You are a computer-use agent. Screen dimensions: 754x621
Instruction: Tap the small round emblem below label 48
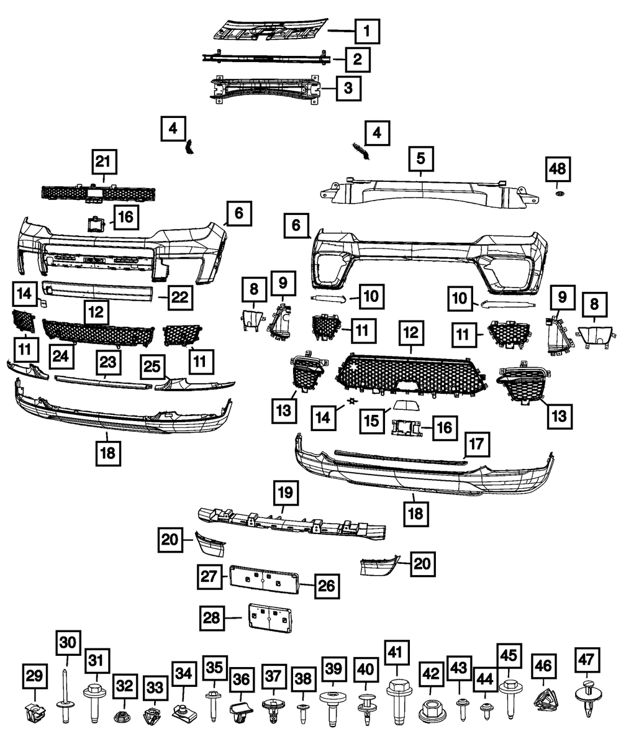[x=558, y=195]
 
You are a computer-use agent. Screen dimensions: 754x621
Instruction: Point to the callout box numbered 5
[x=421, y=160]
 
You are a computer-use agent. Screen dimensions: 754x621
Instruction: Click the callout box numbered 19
[x=285, y=494]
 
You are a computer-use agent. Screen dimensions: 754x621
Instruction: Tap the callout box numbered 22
[x=179, y=298]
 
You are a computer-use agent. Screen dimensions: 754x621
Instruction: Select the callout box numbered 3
[x=348, y=88]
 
